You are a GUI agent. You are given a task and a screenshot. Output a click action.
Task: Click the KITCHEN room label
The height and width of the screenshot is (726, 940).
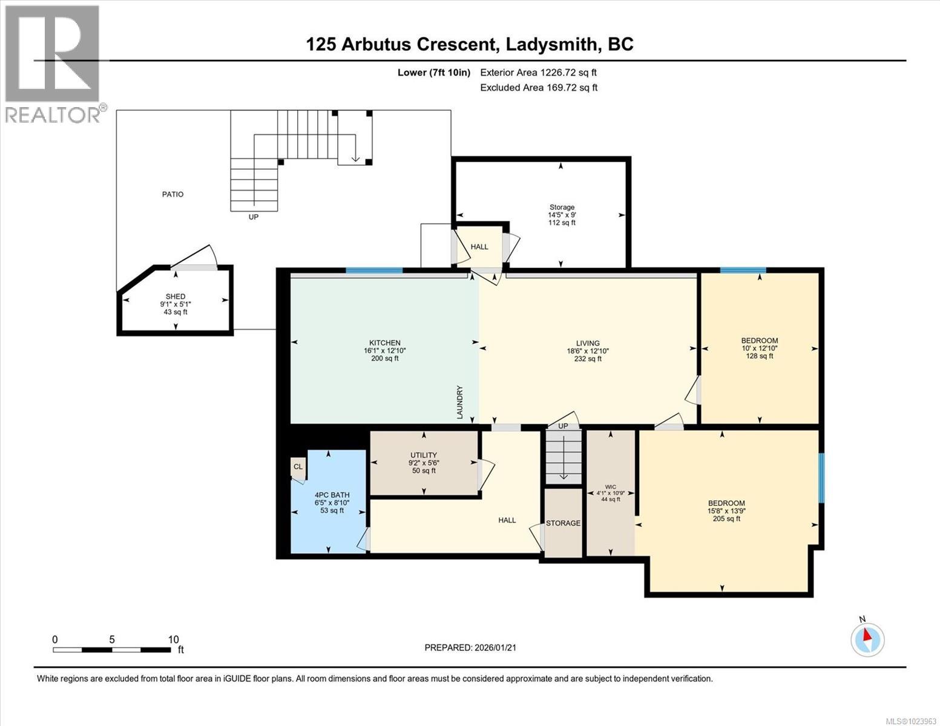point(385,343)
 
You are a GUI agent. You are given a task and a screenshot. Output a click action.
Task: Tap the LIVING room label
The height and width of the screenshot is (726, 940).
point(587,343)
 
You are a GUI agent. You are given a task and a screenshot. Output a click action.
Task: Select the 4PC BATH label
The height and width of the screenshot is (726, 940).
point(332,495)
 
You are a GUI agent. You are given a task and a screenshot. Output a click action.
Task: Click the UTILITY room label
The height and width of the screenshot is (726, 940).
point(423,456)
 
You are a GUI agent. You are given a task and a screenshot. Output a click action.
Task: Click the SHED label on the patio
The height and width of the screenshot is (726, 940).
point(176,296)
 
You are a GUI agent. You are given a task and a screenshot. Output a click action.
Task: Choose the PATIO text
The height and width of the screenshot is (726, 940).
point(173,194)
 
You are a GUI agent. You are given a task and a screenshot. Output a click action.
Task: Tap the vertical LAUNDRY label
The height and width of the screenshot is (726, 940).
point(459,402)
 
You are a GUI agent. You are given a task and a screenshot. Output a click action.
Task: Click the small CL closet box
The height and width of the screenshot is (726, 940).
point(298,467)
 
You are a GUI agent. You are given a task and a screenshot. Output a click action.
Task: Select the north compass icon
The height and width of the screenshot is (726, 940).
point(867,639)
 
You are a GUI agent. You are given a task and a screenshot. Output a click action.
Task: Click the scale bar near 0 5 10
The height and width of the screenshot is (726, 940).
point(112,650)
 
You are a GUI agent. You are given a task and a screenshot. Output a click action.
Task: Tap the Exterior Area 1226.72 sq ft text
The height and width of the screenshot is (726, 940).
point(538,73)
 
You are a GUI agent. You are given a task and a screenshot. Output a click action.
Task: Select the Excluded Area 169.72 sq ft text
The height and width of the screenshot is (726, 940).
point(538,88)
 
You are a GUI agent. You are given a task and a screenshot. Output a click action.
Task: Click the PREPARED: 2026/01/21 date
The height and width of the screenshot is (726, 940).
point(470,647)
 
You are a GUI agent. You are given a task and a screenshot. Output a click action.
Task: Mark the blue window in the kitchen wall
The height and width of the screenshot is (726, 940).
point(374,270)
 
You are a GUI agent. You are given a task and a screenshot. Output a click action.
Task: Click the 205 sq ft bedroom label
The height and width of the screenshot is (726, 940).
point(726,518)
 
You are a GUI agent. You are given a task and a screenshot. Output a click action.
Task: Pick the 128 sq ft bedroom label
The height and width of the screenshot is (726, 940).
point(760,356)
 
